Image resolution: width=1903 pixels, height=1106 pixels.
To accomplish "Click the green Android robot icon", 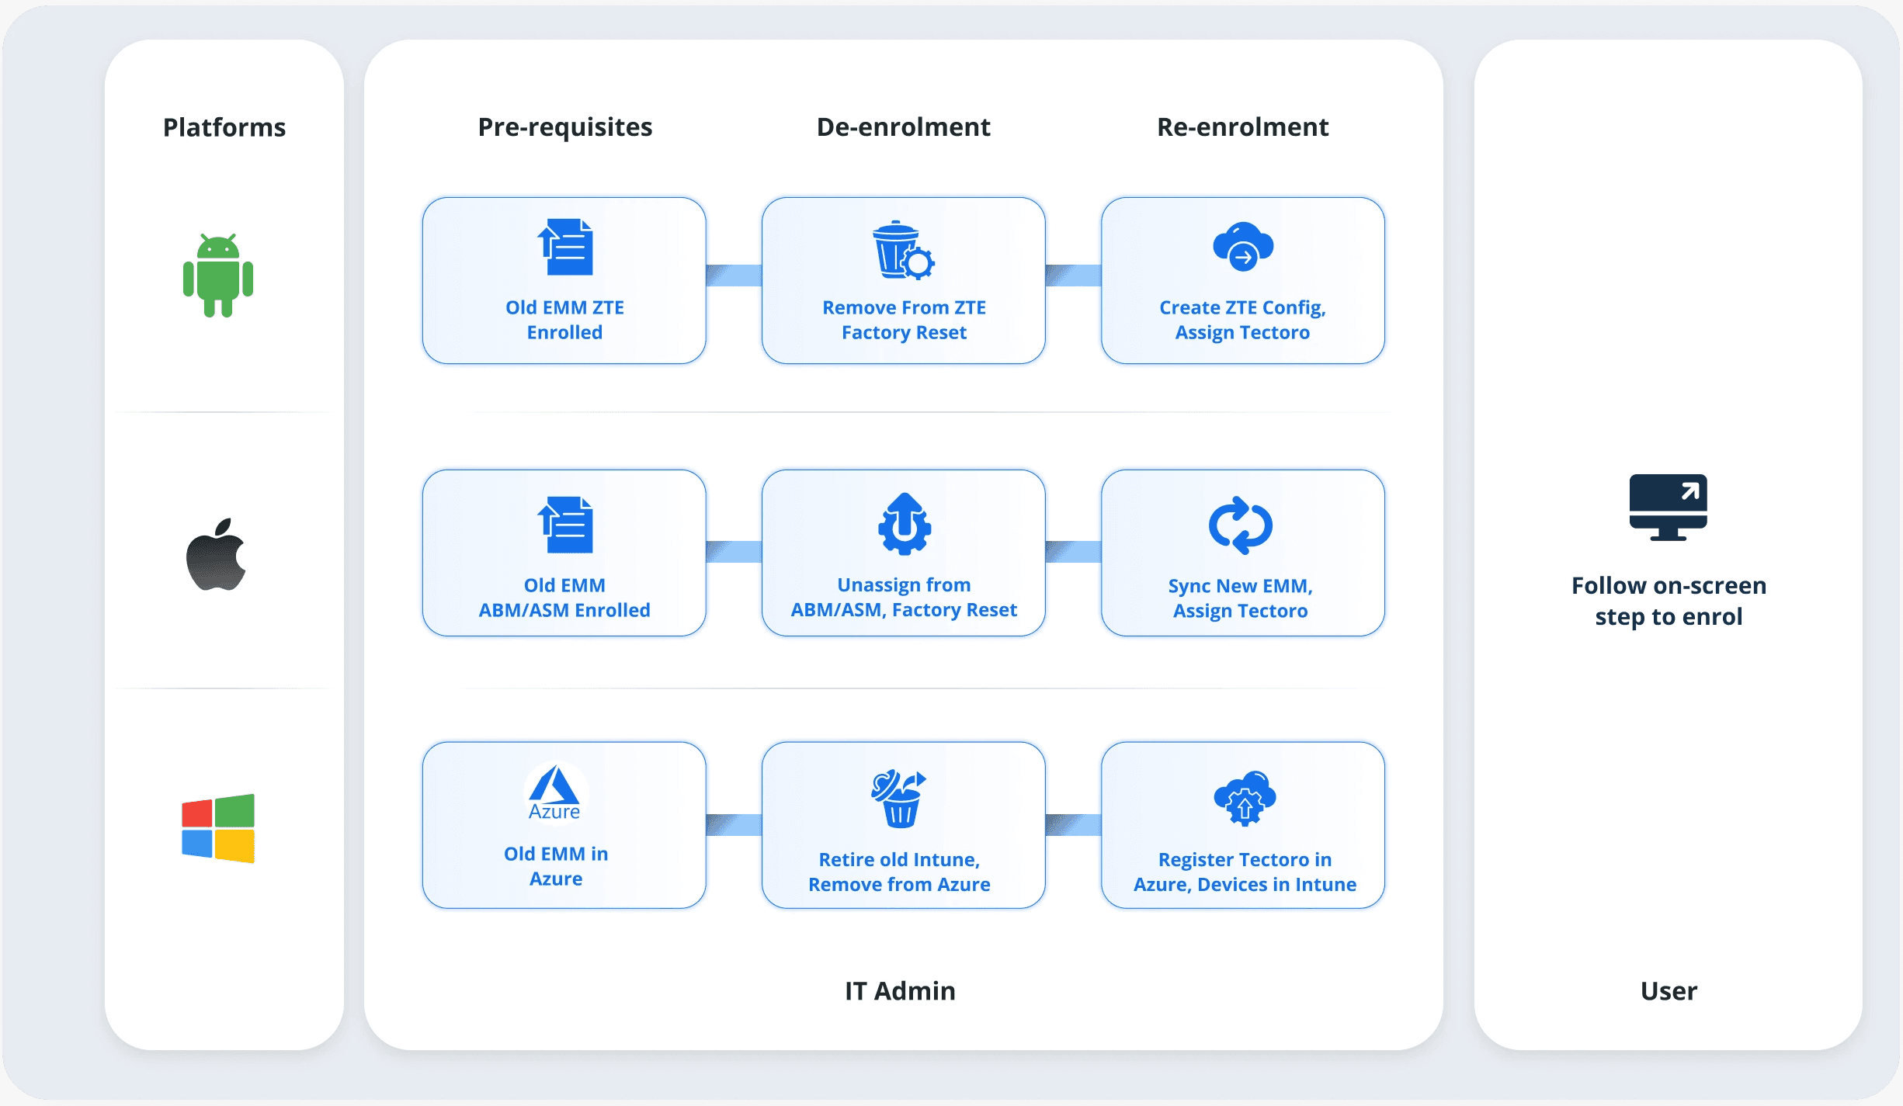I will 218,276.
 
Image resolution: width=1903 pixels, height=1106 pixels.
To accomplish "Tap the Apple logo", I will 216,555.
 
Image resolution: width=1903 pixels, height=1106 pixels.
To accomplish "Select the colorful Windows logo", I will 218,828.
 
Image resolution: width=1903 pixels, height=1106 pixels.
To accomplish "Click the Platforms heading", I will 224,127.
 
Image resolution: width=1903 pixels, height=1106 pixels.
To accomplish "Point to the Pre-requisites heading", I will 564,127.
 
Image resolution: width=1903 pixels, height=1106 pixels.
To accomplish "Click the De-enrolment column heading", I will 903,127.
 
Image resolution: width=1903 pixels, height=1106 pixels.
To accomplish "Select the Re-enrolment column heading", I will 1242,127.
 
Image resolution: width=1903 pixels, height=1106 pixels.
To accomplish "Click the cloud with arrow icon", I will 1242,247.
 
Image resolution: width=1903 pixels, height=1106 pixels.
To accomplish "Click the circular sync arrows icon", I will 1240,525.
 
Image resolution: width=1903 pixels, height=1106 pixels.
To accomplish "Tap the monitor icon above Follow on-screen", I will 1668,507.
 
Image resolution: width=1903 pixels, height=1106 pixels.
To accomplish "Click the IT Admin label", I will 900,991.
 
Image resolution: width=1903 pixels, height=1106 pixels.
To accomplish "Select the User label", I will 1669,991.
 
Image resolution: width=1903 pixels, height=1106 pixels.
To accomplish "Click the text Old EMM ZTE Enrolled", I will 564,320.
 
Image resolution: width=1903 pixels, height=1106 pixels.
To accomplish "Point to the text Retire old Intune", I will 899,860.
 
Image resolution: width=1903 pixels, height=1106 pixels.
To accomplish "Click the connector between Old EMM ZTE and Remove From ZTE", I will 734,276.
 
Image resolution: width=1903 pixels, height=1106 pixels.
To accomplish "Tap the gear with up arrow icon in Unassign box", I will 904,524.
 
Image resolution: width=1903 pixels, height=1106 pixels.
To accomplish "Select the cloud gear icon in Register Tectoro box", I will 1245,798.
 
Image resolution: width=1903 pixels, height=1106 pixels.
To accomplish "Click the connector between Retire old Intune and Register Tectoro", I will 1073,825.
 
